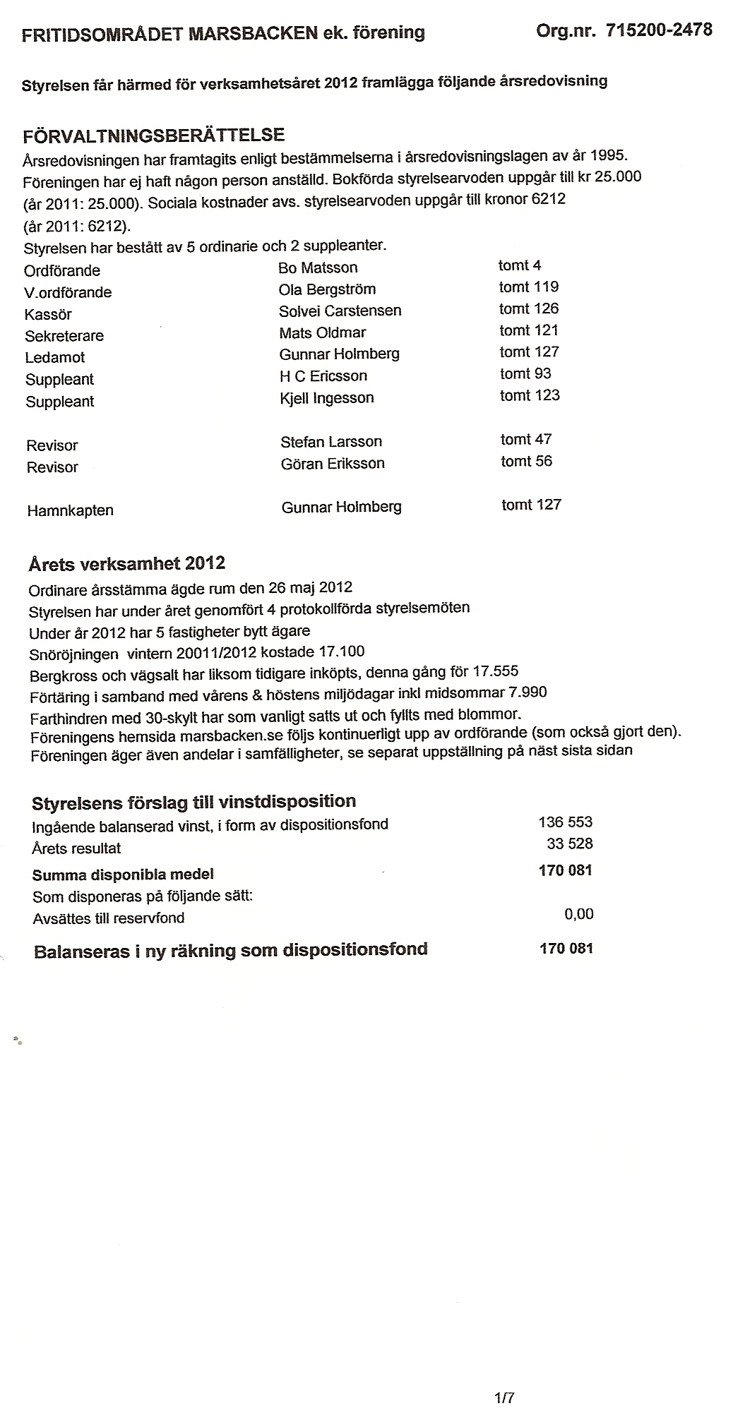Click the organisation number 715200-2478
pos(658,30)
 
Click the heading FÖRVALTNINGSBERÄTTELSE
pos(153,135)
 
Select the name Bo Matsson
pos(318,268)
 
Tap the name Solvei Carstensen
pos(340,311)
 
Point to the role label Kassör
pos(48,314)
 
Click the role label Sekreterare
pos(64,336)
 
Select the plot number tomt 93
pos(525,373)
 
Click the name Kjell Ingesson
pos(327,397)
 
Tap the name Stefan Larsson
pos(331,442)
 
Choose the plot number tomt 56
pos(526,462)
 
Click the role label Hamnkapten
pos(70,510)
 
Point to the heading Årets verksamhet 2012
pos(127,563)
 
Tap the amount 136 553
pos(565,822)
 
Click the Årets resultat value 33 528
pos(570,843)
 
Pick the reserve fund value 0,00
pos(579,914)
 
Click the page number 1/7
pos(505,1396)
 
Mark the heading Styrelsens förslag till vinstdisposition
pos(194,802)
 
